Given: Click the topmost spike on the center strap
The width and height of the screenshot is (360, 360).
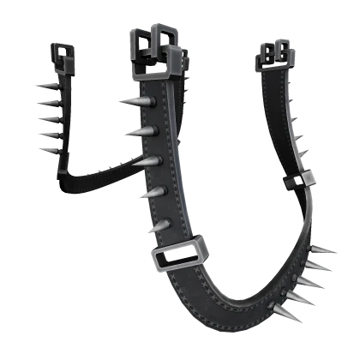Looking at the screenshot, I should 137,102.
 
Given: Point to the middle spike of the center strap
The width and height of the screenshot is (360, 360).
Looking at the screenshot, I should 145,161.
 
